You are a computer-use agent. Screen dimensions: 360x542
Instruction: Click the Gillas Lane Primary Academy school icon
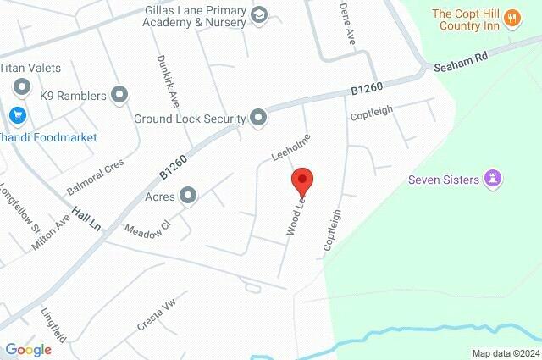[x=258, y=14]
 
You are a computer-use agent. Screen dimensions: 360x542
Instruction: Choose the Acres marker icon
[x=189, y=197]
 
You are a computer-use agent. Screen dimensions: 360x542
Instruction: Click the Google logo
[x=28, y=349]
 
